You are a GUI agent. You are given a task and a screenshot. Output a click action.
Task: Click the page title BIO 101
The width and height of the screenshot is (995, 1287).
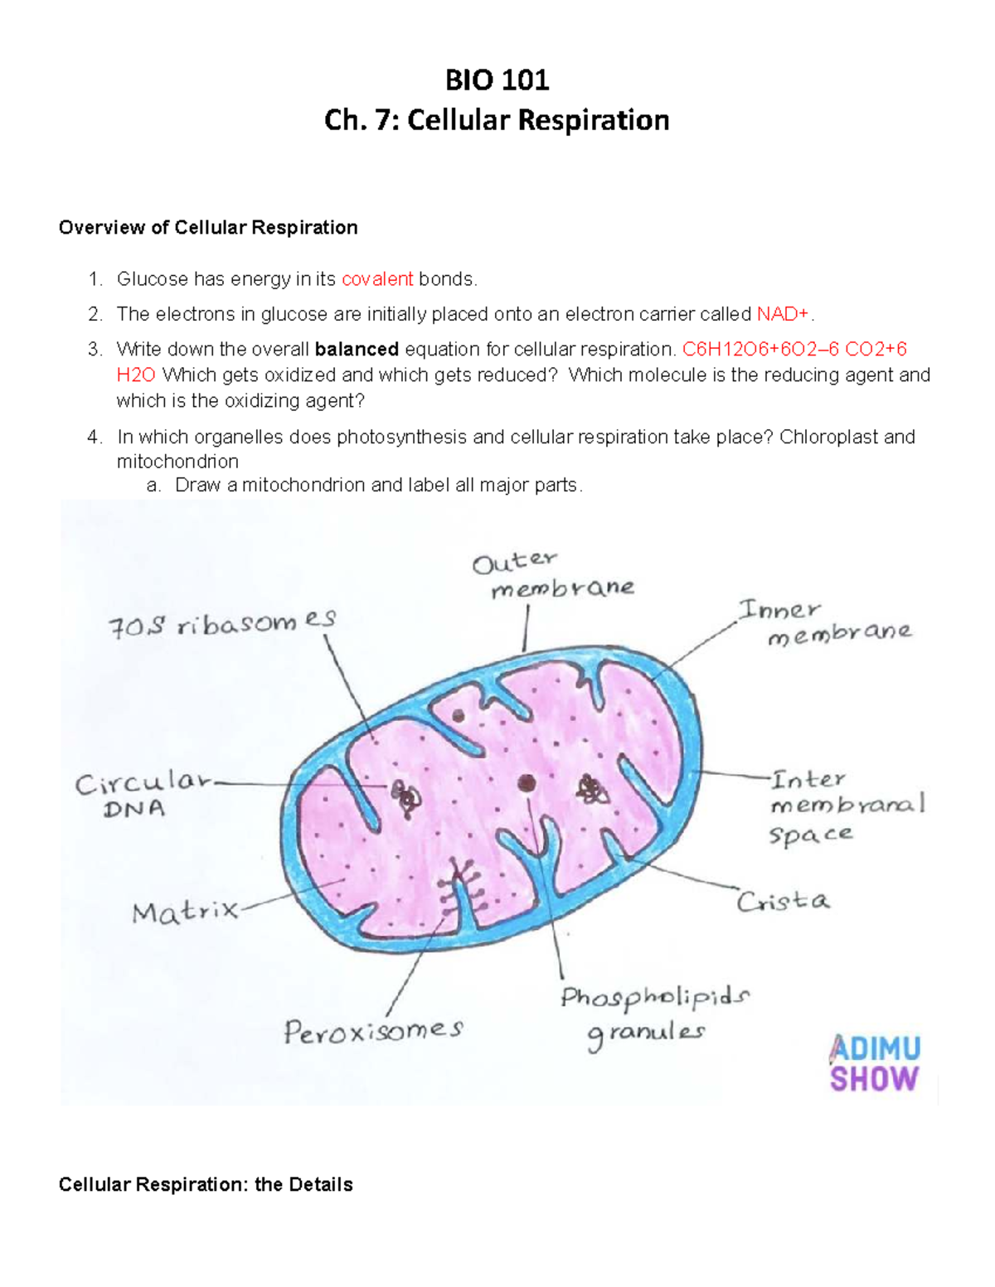(x=497, y=80)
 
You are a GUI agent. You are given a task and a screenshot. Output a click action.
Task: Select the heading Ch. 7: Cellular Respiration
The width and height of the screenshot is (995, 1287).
(x=497, y=120)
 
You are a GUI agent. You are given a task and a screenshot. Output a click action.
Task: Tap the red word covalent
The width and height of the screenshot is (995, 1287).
(x=377, y=279)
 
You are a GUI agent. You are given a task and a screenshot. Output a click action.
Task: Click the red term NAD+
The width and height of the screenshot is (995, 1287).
(x=783, y=314)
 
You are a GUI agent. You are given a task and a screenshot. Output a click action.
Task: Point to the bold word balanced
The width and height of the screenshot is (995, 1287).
(x=357, y=349)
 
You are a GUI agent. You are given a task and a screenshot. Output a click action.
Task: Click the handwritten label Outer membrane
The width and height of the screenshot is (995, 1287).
(x=553, y=576)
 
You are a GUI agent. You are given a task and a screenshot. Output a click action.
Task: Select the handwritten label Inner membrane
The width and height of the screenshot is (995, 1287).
(x=825, y=623)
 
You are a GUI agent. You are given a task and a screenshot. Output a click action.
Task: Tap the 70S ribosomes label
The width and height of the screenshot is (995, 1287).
(x=222, y=623)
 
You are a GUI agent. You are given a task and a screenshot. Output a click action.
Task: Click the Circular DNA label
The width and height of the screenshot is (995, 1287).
(x=141, y=794)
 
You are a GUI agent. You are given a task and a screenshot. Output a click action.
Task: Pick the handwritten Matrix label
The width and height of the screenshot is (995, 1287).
(x=184, y=912)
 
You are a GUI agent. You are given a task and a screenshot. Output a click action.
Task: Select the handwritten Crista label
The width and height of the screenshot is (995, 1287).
(x=783, y=901)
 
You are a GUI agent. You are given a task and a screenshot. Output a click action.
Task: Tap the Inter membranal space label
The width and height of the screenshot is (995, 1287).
(x=846, y=806)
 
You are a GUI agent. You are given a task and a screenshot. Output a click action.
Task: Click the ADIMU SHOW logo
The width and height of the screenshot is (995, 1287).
(x=874, y=1063)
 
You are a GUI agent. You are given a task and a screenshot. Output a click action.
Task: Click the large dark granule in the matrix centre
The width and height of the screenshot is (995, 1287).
(x=527, y=783)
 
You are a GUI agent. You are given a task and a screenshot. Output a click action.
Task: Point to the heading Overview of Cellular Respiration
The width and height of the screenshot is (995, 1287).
(x=208, y=228)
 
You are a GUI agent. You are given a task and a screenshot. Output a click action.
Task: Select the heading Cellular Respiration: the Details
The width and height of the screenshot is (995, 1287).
(x=206, y=1184)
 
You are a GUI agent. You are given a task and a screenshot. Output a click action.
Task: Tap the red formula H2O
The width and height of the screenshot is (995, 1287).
(x=136, y=375)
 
